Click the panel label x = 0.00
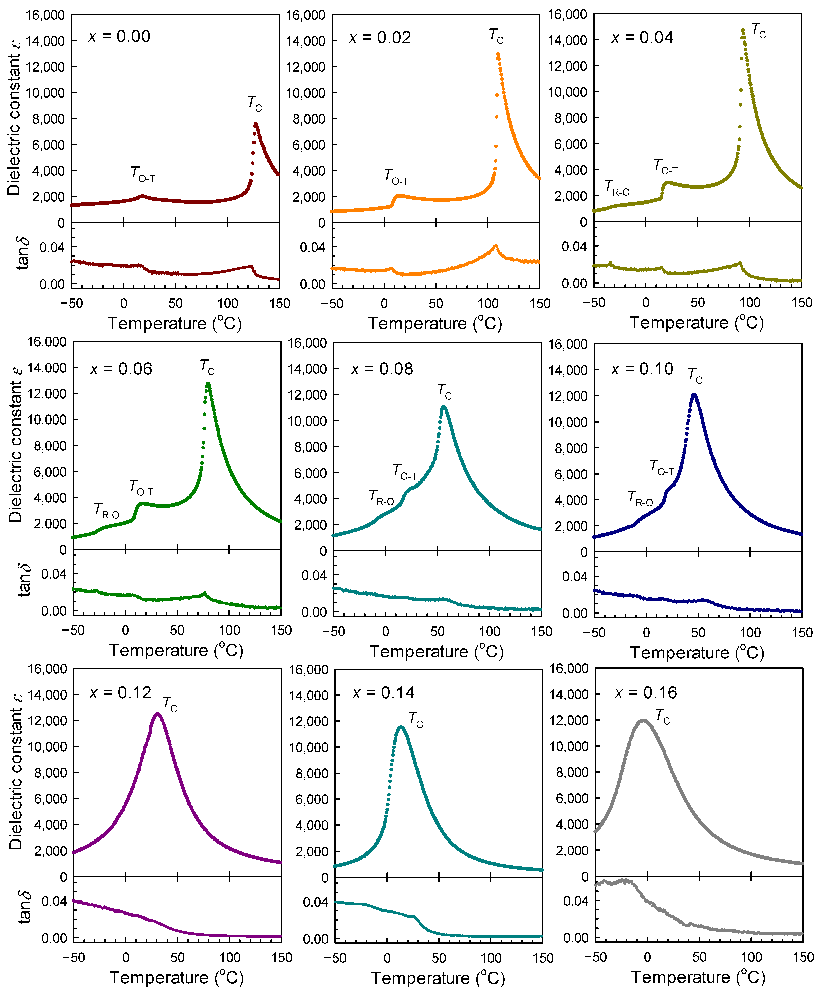(119, 36)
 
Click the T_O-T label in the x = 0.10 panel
(661, 467)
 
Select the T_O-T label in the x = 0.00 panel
(143, 175)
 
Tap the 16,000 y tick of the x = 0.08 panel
(307, 343)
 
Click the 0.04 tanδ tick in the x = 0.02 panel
(312, 247)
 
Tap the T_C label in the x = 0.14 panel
(415, 720)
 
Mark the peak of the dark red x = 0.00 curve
(256, 124)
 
